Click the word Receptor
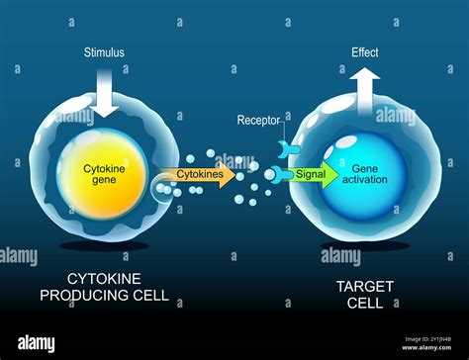258,121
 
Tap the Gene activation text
361,174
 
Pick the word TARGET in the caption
365,286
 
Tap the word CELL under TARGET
365,302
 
